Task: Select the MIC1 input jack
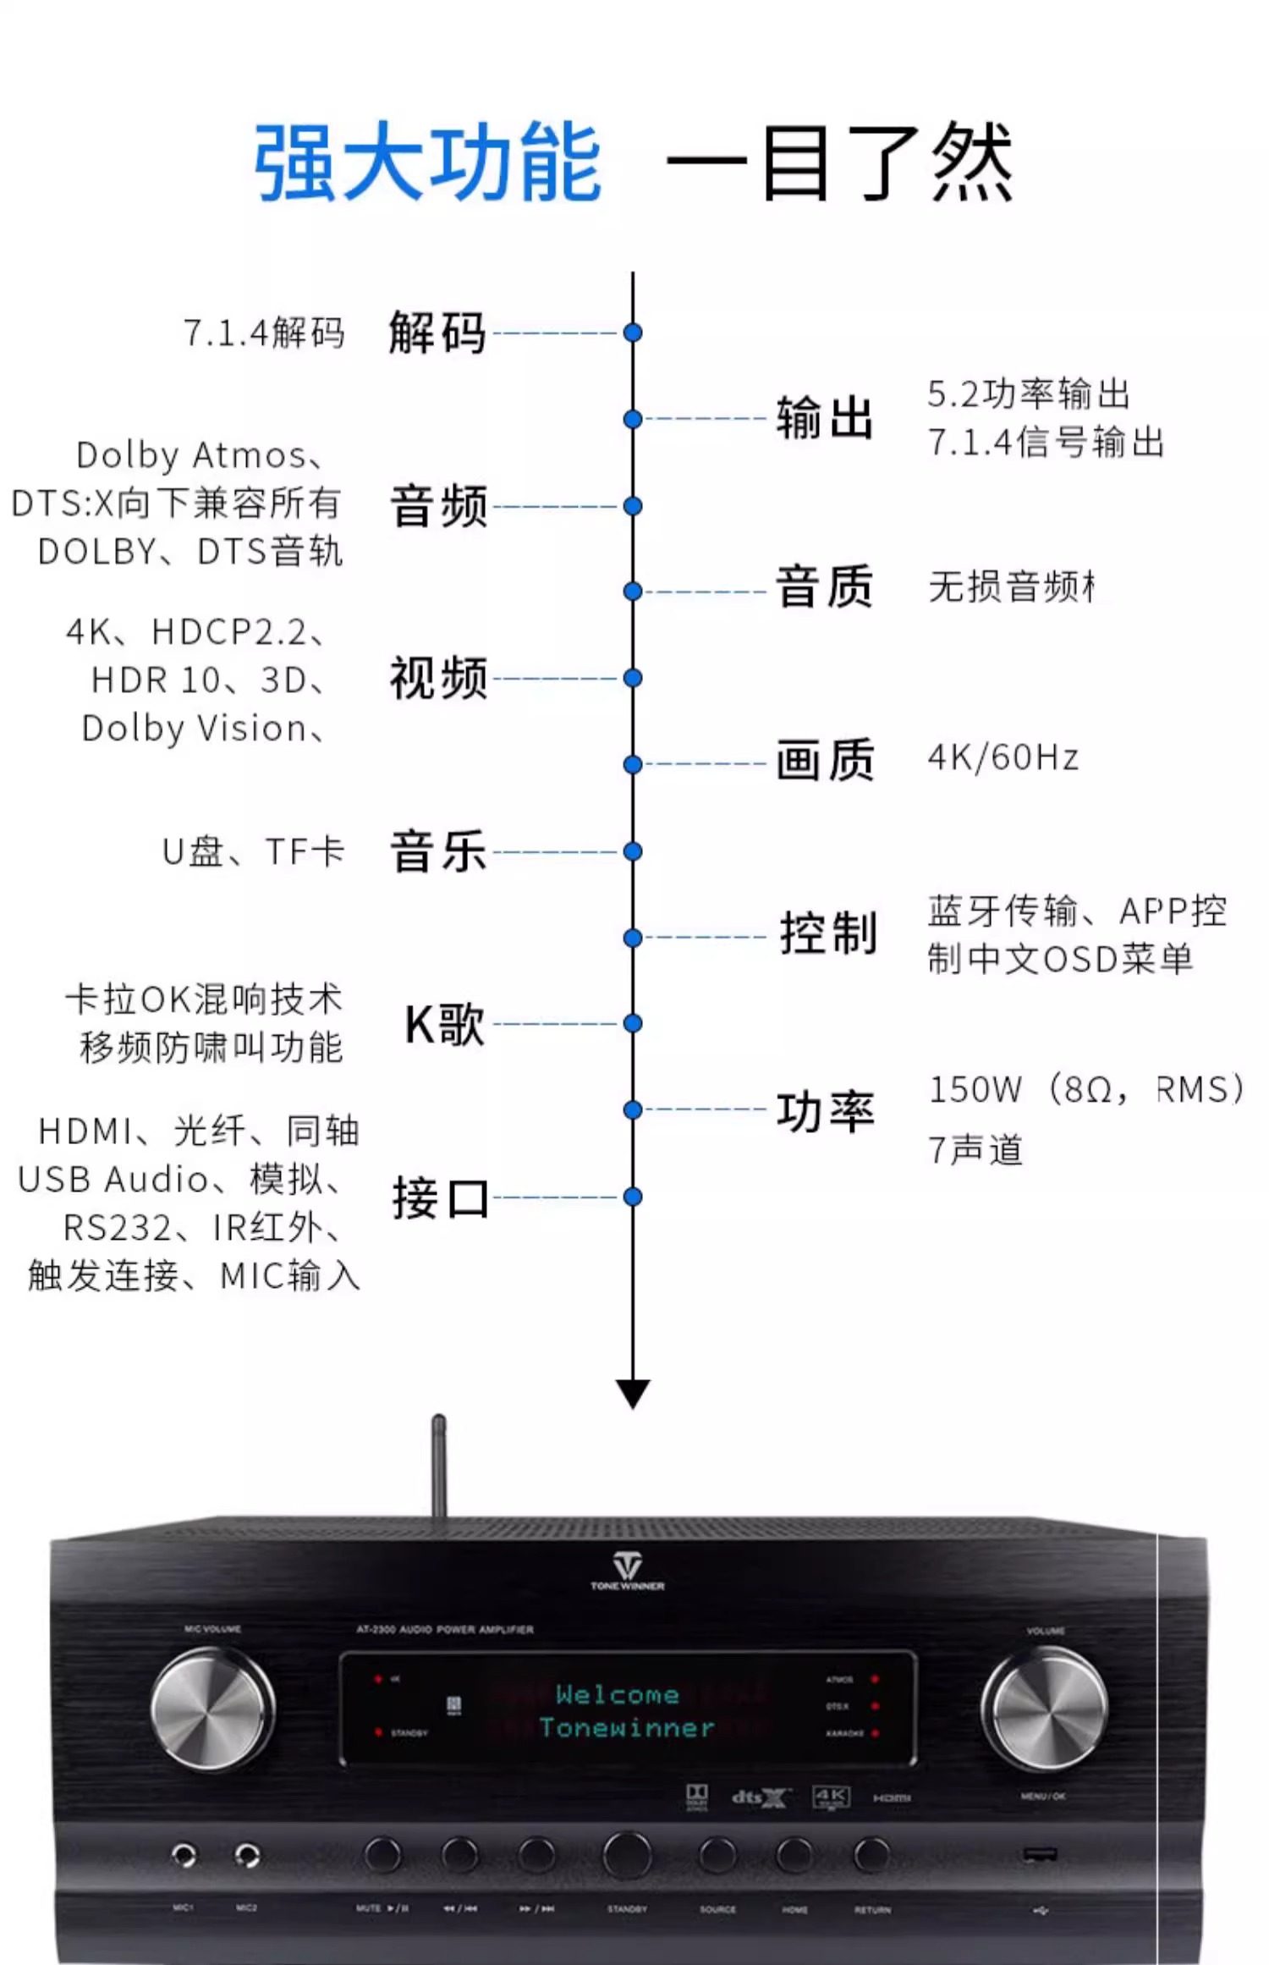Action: (184, 1856)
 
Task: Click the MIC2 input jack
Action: (246, 1856)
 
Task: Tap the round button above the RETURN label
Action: (871, 1854)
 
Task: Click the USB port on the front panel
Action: (1040, 1855)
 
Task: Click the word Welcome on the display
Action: (618, 1694)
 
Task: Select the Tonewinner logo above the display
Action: (627, 1571)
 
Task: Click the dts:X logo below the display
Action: (760, 1797)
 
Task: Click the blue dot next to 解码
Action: (633, 333)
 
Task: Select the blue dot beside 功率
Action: (633, 1109)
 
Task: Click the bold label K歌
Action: (445, 1025)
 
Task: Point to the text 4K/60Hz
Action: (1003, 757)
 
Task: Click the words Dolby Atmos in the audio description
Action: (191, 456)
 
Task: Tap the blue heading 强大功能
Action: (428, 162)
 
